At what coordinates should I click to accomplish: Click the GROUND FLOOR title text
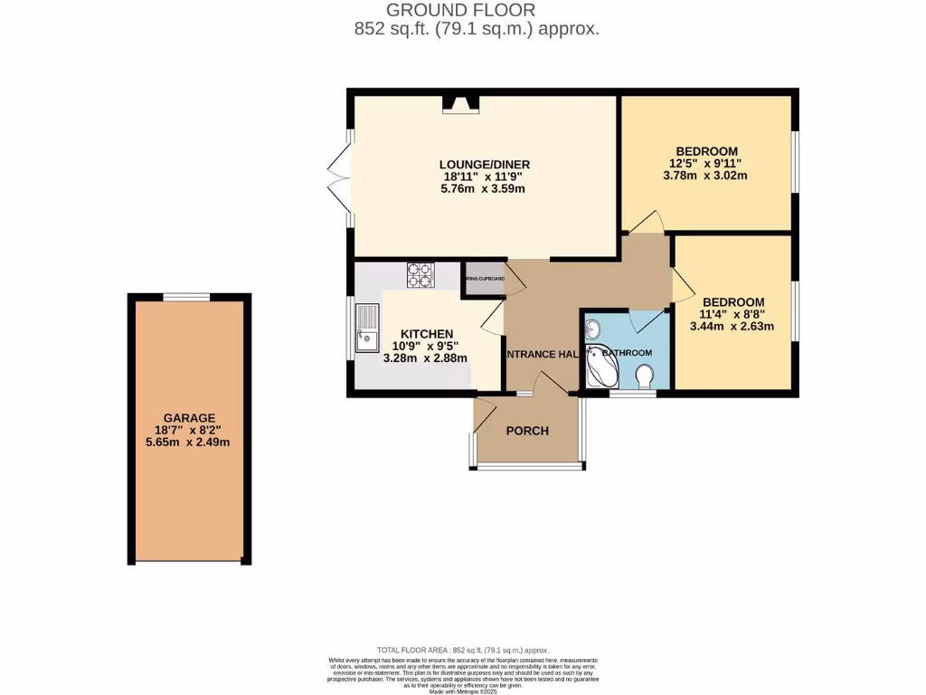[x=461, y=10]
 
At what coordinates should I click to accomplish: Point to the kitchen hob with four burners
[x=420, y=274]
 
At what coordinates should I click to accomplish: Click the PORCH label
[x=527, y=431]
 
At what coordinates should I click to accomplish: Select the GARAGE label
[x=189, y=417]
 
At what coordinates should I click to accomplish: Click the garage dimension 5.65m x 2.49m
[x=189, y=443]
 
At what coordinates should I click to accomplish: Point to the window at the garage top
[x=187, y=296]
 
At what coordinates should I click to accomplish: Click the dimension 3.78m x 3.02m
[x=707, y=176]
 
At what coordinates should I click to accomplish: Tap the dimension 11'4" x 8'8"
[x=733, y=315]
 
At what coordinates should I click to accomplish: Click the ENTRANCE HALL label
[x=541, y=354]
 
